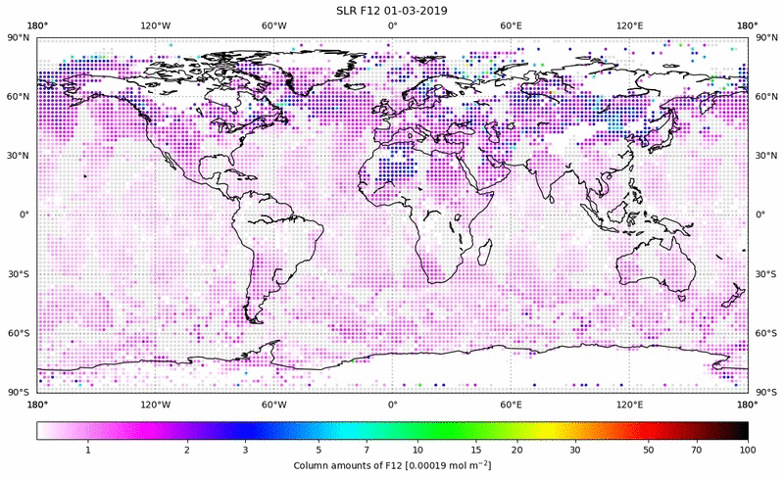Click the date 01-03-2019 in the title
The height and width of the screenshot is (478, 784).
tap(428, 10)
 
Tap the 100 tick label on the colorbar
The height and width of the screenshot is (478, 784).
tap(748, 449)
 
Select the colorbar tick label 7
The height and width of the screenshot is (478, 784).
tap(366, 449)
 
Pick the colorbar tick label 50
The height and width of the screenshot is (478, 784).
tap(649, 449)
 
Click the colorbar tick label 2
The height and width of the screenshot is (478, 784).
tap(186, 449)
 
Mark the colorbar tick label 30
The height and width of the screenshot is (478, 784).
tap(575, 449)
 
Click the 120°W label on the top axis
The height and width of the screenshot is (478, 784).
tap(155, 25)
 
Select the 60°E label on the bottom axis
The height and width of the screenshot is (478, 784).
tap(511, 404)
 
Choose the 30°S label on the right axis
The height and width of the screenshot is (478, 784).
tap(764, 274)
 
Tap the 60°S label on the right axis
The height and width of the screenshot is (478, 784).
tap(764, 333)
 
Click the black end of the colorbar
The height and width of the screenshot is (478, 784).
tap(740, 430)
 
